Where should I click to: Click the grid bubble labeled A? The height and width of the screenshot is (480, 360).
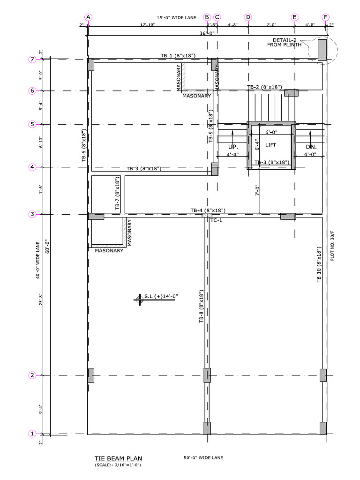tap(89, 17)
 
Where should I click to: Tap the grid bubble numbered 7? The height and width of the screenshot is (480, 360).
tap(32, 60)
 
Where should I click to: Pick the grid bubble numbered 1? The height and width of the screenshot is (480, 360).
tap(32, 434)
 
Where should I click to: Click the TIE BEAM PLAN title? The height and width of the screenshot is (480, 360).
tap(118, 458)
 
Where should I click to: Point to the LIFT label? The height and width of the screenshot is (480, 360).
tap(271, 145)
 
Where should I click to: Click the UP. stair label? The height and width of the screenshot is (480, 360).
tap(233, 147)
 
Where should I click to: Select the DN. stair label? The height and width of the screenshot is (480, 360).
tap(311, 147)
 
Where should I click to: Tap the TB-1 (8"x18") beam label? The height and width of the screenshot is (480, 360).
tap(178, 56)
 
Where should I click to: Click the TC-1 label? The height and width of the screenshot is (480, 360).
tap(216, 220)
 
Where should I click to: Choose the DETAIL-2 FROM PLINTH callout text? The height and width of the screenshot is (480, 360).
tap(284, 43)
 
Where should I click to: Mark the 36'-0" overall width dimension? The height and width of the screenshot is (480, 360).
tap(207, 33)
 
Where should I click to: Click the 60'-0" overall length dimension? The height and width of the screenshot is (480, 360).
tap(46, 246)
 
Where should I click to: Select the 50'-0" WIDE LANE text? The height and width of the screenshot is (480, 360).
tap(203, 457)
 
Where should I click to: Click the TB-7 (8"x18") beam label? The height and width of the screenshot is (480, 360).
tap(117, 194)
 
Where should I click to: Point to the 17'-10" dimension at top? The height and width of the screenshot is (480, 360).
tap(147, 25)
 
